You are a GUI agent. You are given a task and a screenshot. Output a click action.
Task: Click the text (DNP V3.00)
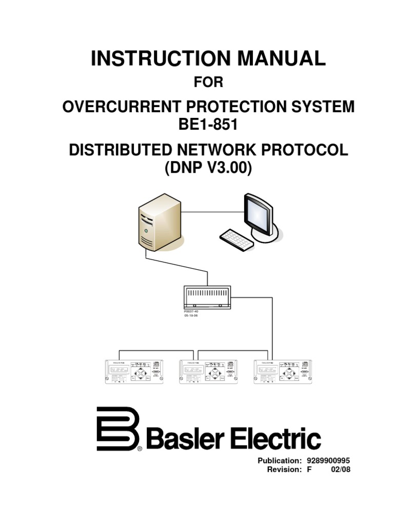[208, 168]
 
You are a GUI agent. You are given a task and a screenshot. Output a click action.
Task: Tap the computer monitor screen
[259, 212]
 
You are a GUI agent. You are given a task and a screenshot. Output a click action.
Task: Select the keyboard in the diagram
[237, 239]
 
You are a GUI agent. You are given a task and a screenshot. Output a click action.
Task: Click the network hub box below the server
[207, 296]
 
